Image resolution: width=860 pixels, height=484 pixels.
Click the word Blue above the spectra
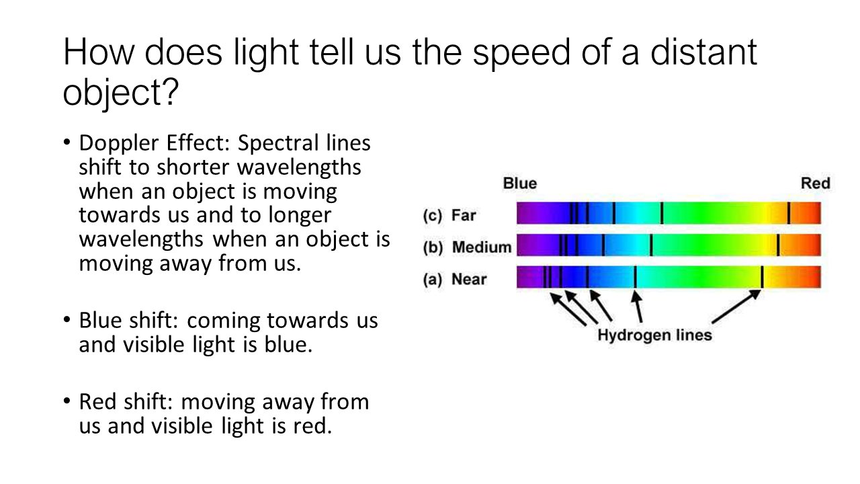(x=520, y=184)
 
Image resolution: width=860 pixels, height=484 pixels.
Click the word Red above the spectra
(x=816, y=184)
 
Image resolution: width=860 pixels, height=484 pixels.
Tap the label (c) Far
(x=449, y=216)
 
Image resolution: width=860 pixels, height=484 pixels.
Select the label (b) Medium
(x=467, y=247)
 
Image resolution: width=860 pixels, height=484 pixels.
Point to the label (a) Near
(x=455, y=279)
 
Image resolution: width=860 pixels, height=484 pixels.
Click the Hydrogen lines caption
(x=654, y=335)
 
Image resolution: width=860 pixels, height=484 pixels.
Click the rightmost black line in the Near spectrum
(x=762, y=277)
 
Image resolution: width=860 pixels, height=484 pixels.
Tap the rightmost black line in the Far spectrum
(x=789, y=213)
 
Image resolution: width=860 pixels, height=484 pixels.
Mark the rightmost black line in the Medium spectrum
(x=778, y=245)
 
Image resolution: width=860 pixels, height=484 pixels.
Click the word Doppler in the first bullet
(x=119, y=144)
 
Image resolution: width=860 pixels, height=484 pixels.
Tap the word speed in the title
(x=521, y=53)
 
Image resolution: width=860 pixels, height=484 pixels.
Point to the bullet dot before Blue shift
(x=67, y=319)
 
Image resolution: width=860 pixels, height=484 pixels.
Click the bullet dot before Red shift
(x=67, y=401)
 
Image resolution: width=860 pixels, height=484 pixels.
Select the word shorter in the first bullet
(x=193, y=167)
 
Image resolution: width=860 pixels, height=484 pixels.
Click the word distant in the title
(x=703, y=52)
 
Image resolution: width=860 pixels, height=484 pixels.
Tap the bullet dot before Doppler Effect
(x=67, y=142)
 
